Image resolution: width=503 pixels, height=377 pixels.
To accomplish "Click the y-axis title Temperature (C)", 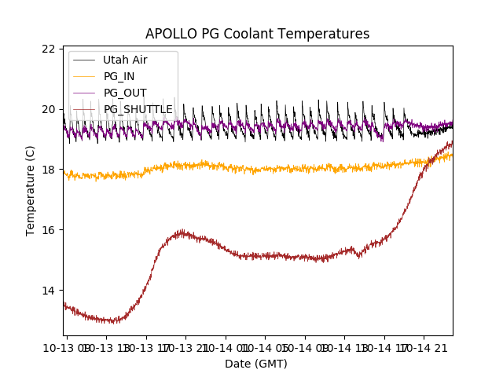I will pos(31,190).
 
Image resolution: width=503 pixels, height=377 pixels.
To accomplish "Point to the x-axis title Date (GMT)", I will pos(256,364).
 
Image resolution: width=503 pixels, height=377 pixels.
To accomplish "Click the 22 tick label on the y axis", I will pos(48,49).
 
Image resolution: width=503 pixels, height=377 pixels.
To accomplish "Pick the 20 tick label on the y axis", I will pos(48,109).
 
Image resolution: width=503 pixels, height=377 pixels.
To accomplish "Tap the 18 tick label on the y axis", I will pos(48,170).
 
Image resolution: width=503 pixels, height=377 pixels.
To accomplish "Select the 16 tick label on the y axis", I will pos(48,230).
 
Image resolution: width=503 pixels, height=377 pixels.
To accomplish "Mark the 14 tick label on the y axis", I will pos(48,291).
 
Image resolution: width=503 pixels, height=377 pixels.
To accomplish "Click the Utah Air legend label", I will pos(125,60).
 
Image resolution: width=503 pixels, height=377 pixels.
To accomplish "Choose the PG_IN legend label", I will pos(119,76).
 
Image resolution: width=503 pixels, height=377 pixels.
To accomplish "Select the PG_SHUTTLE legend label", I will pos(138,109).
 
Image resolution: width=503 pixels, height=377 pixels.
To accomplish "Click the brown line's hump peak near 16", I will pos(182,232).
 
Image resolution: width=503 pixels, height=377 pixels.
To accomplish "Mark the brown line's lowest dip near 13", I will pos(114,320).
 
